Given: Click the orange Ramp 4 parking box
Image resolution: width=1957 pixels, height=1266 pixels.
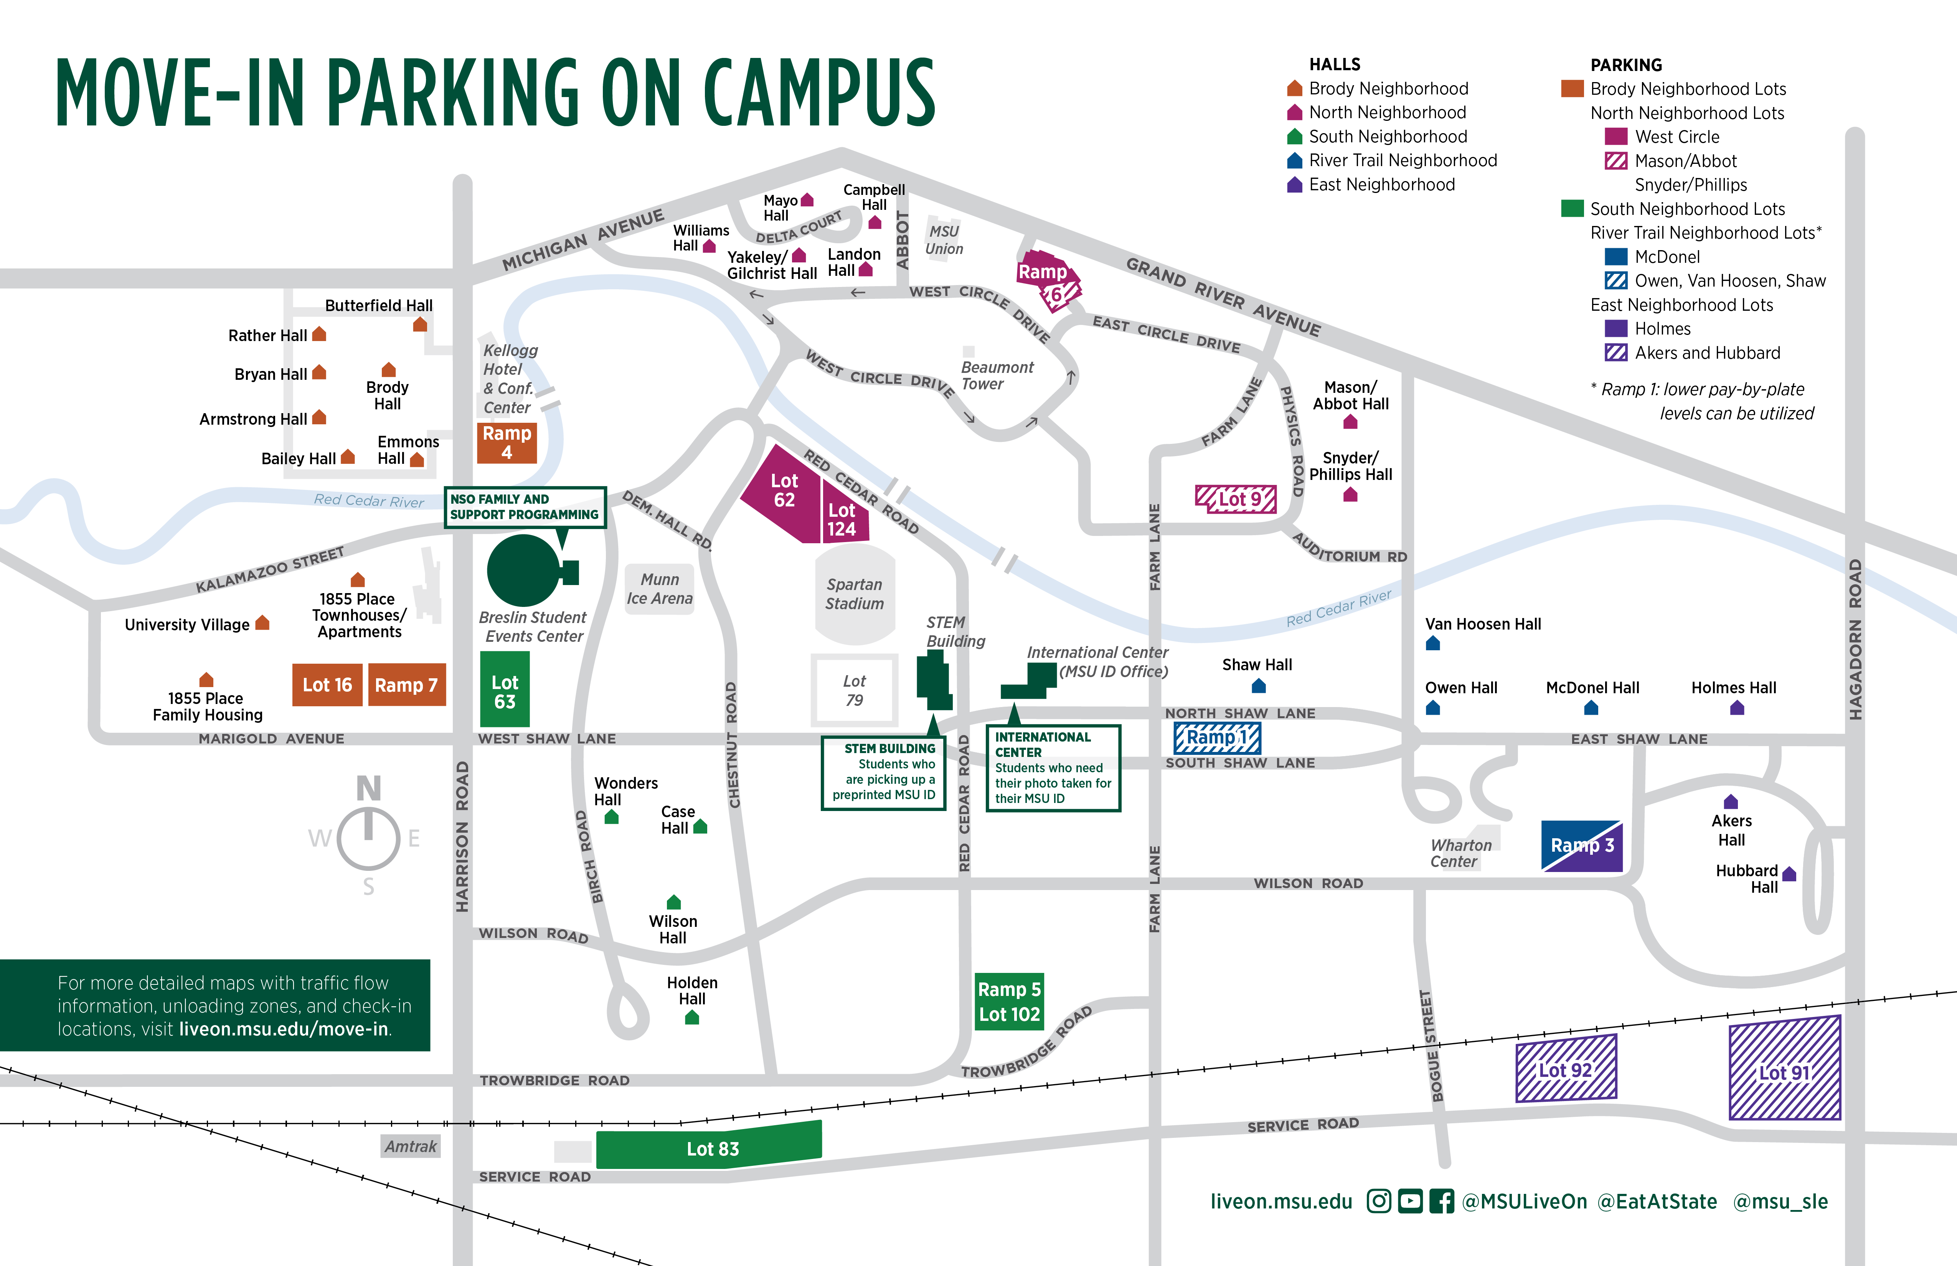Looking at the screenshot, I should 507,442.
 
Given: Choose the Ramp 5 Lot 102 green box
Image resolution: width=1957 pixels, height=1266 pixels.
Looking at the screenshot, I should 1009,1001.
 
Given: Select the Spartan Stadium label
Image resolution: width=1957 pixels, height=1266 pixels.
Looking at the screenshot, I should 854,593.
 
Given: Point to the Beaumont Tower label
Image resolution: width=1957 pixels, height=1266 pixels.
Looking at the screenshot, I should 997,376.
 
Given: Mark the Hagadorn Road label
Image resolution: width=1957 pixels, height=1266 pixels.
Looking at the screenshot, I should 1855,640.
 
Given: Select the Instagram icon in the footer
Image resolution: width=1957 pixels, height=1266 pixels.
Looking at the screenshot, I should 1379,1201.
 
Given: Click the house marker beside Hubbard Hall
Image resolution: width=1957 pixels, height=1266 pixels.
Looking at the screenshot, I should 1789,874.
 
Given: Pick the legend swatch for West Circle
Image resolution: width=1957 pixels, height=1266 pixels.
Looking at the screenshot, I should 1616,137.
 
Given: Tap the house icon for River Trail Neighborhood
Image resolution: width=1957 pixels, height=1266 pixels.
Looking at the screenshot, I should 1294,160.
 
